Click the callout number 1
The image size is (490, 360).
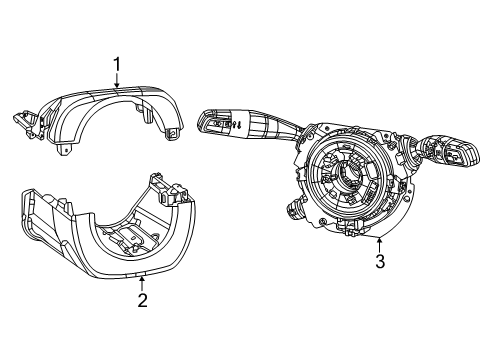118,66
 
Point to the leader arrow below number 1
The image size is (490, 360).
118,84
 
